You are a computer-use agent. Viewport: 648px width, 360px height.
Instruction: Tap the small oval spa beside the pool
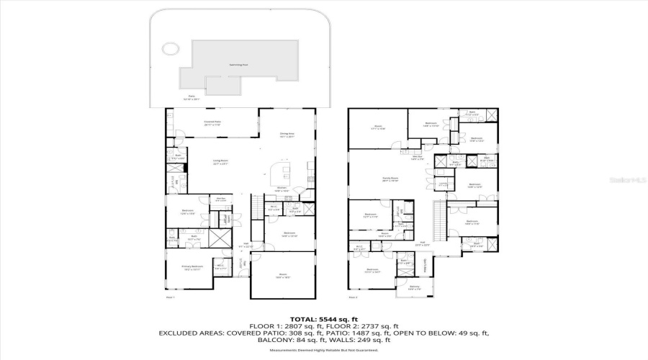pyautogui.click(x=170, y=49)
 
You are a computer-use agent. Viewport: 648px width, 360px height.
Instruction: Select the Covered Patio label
pyautogui.click(x=212, y=123)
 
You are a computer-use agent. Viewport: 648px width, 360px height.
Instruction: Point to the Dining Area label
pyautogui.click(x=287, y=135)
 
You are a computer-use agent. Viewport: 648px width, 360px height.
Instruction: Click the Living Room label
pyautogui.click(x=220, y=162)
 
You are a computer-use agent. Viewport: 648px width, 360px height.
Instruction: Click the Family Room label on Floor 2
pyautogui.click(x=390, y=180)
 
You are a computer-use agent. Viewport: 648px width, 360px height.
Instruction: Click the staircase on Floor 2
pyautogui.click(x=436, y=213)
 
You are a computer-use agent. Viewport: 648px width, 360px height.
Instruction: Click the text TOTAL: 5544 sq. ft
pyautogui.click(x=323, y=318)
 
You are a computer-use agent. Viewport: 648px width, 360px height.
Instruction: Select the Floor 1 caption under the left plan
pyautogui.click(x=170, y=297)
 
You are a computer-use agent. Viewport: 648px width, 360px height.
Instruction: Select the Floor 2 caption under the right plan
pyautogui.click(x=353, y=297)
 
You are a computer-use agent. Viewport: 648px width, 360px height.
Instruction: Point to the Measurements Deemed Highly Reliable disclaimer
pyautogui.click(x=323, y=351)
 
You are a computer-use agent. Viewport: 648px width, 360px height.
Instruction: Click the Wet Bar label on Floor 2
pyautogui.click(x=416, y=158)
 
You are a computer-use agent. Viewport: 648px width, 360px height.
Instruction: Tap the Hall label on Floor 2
pyautogui.click(x=425, y=244)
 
